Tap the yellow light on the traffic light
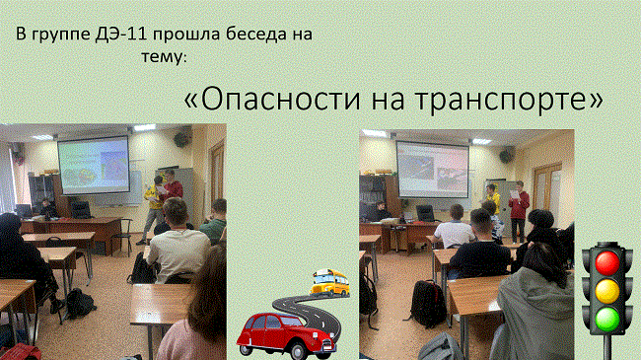[605, 291]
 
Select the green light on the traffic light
[605, 319]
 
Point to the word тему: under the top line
[164, 58]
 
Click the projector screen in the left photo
[92, 164]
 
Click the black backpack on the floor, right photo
[427, 304]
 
